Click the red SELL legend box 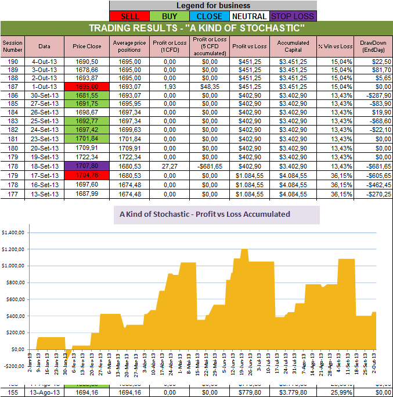129,16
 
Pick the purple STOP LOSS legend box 293,16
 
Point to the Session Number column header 12,46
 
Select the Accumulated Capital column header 293,46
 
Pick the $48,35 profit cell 212,85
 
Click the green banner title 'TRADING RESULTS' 196,28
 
